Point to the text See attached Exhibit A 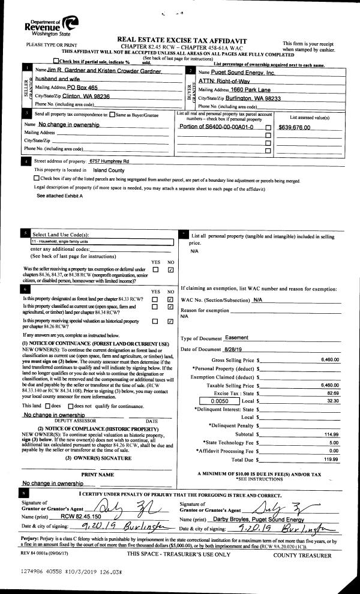tap(60, 196)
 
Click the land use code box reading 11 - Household tap(102, 242)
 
